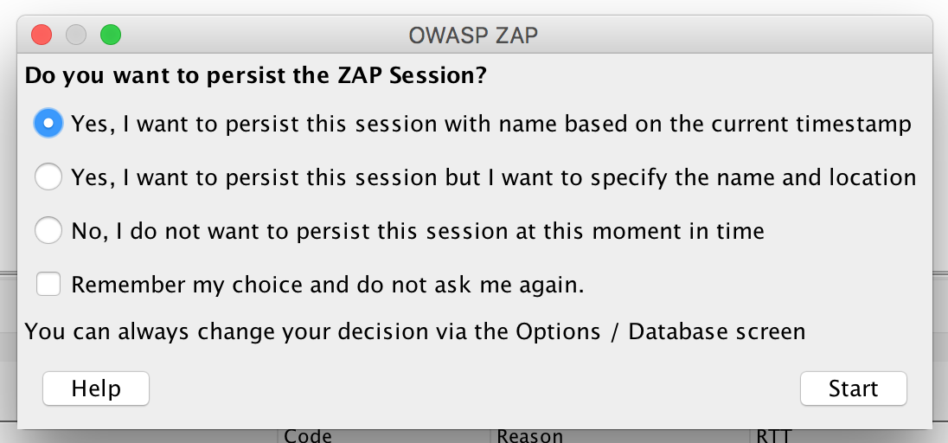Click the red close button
(42, 35)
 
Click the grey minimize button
(76, 35)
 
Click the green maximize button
(111, 35)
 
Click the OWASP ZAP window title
(473, 35)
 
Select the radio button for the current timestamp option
(48, 124)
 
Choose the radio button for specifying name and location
(48, 177)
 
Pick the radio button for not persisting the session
(48, 230)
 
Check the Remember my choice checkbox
(48, 284)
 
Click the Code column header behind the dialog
(308, 436)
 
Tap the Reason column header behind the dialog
(529, 436)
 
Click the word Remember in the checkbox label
(128, 285)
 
